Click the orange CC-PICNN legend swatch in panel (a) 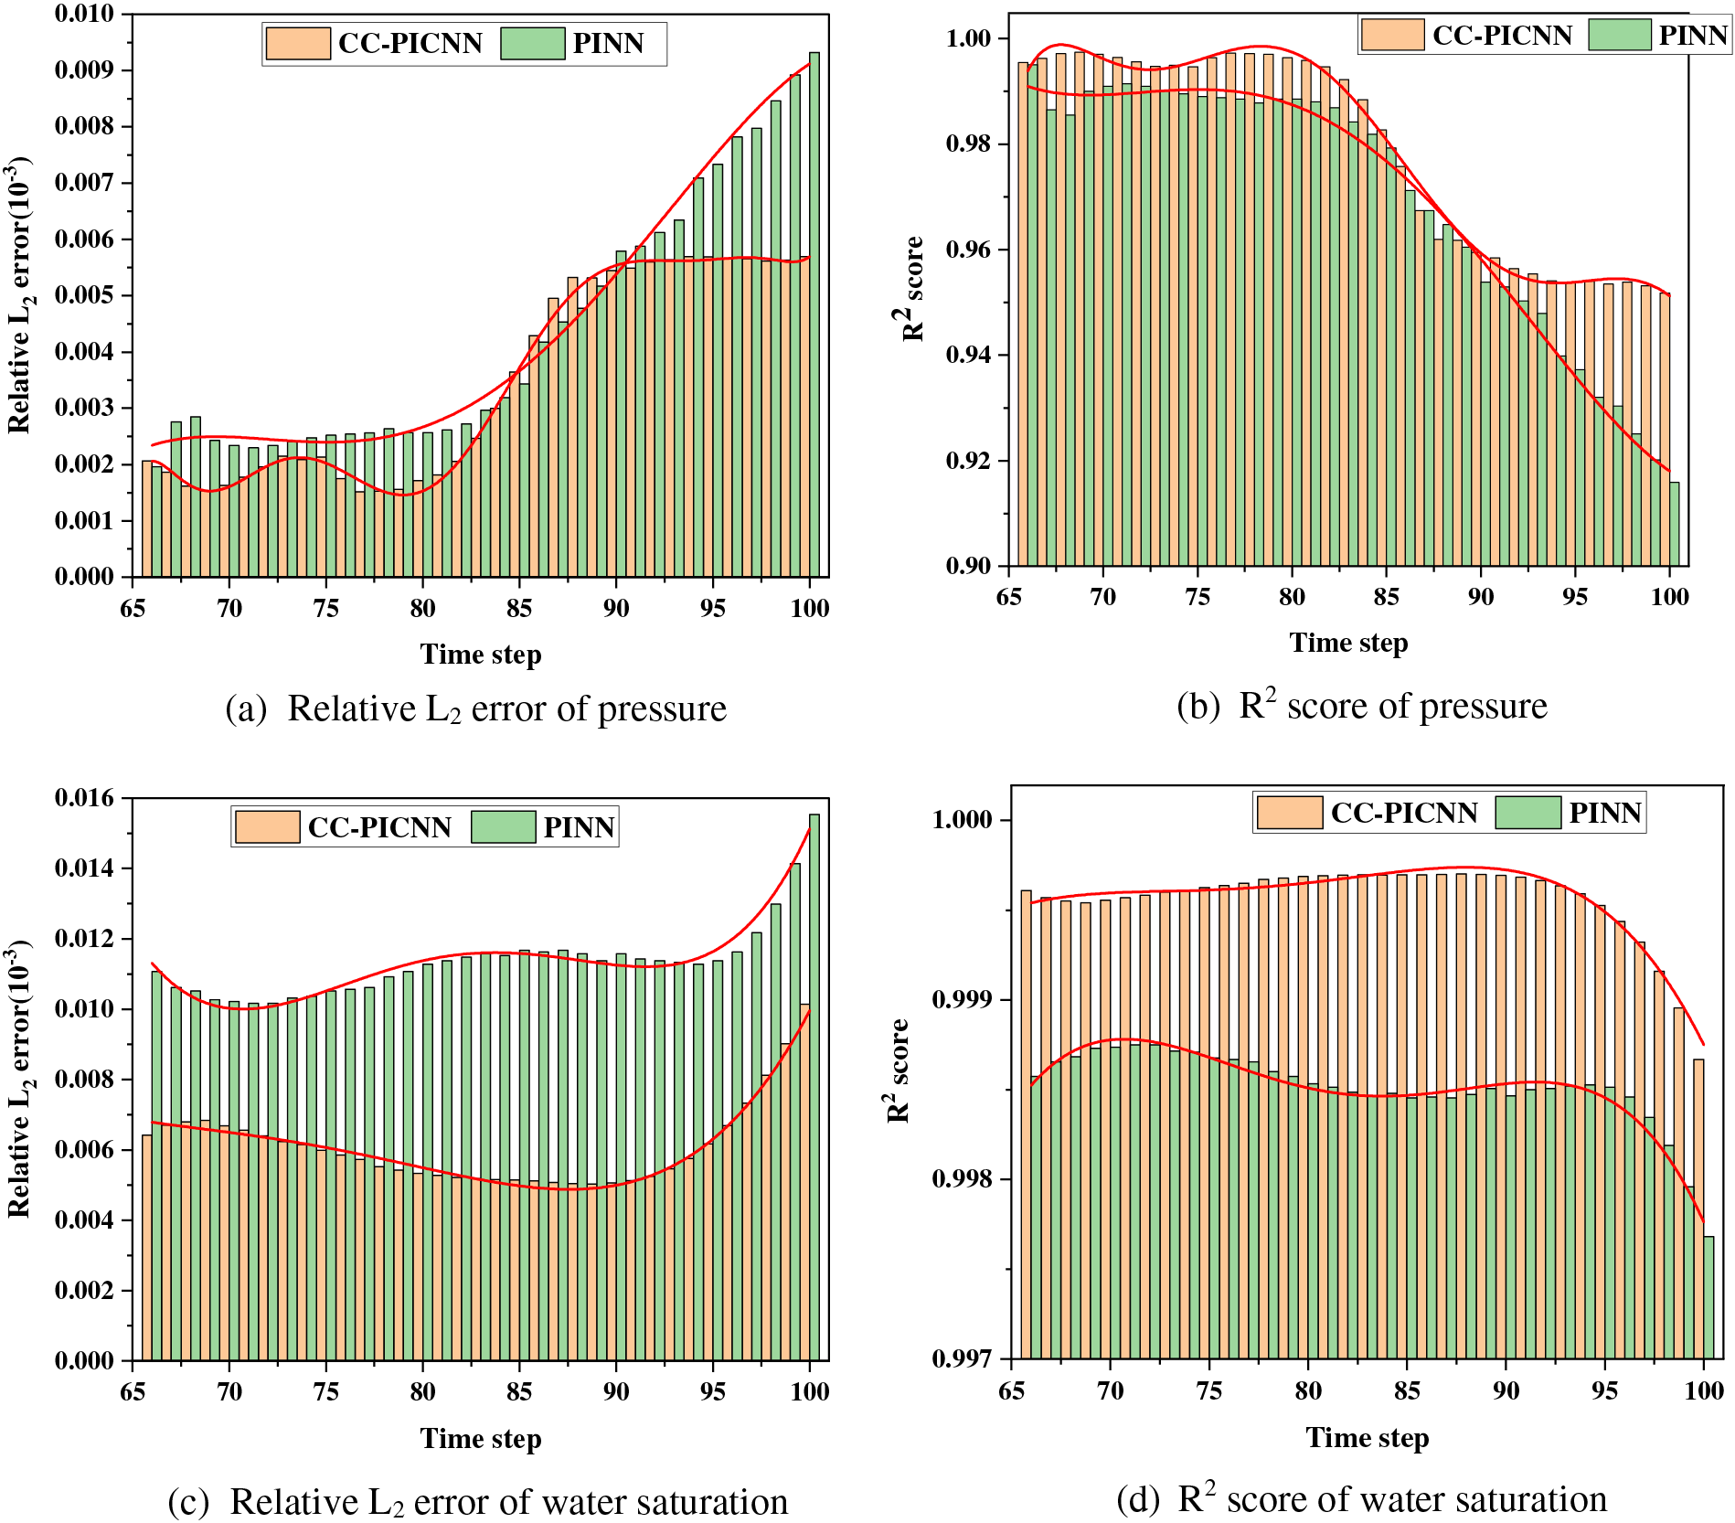pyautogui.click(x=297, y=43)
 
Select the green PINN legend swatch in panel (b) pyautogui.click(x=1619, y=35)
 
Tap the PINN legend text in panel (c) pyautogui.click(x=579, y=827)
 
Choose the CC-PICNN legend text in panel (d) pyautogui.click(x=1403, y=813)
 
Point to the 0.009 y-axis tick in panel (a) pyautogui.click(x=85, y=70)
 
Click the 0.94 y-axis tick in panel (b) pyautogui.click(x=968, y=355)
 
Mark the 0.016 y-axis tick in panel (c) pyautogui.click(x=85, y=798)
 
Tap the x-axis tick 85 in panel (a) pyautogui.click(x=519, y=609)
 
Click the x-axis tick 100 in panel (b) pyautogui.click(x=1669, y=597)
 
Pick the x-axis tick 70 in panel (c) pyautogui.click(x=229, y=1392)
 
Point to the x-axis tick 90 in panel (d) pyautogui.click(x=1506, y=1391)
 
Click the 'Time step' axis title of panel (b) pyautogui.click(x=1348, y=643)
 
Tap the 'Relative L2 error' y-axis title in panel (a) pyautogui.click(x=19, y=294)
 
